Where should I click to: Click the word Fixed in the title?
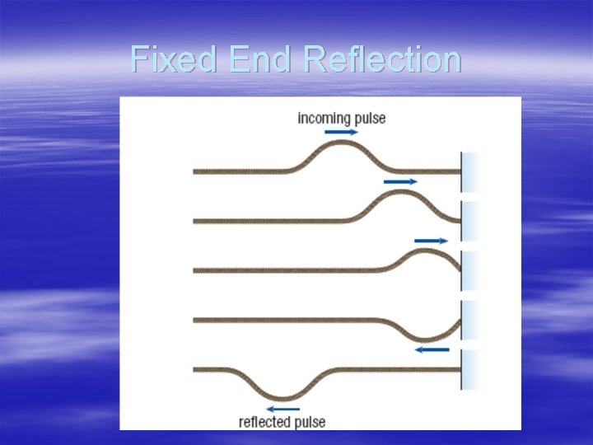point(174,59)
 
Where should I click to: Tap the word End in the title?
point(259,59)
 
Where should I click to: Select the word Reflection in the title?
point(382,59)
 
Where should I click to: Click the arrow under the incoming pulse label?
point(341,132)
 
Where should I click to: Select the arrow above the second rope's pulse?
point(401,181)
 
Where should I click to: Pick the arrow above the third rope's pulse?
point(432,241)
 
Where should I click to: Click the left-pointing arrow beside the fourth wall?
point(432,349)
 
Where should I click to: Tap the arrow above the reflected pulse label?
point(283,408)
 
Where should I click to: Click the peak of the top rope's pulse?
point(337,142)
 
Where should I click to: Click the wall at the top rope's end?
point(469,171)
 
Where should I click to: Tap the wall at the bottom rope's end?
point(469,368)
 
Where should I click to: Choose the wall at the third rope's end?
point(469,270)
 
